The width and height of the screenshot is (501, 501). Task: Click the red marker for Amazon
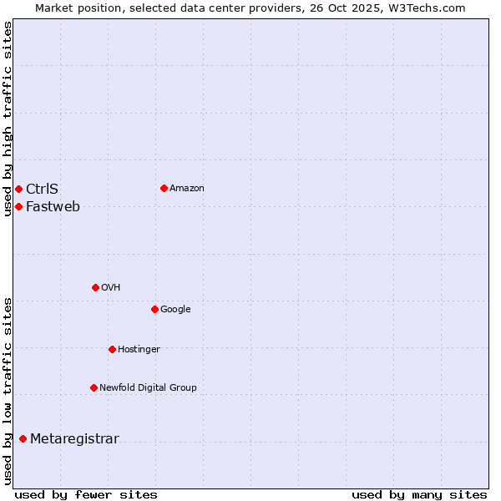pos(164,188)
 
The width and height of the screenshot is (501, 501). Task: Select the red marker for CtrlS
pos(18,189)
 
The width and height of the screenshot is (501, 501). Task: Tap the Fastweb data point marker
pos(18,206)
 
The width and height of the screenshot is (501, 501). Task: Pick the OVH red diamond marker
pos(95,287)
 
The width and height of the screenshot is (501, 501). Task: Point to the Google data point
pos(154,309)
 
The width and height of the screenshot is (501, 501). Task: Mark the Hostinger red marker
pos(112,349)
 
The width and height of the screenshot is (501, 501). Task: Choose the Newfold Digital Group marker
pos(94,387)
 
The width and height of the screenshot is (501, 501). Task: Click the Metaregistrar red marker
pos(23,439)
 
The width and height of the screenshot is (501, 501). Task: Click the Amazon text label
pos(187,189)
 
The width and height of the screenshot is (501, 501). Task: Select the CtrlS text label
pos(42,189)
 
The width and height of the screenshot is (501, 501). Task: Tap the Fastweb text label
pos(53,207)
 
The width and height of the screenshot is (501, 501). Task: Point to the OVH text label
pos(111,288)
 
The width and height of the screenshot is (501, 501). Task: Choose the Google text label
pos(175,310)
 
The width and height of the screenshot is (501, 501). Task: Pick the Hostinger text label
pos(139,349)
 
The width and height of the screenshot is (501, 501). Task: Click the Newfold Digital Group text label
pos(148,387)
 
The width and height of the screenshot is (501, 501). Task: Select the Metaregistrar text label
pos(74,439)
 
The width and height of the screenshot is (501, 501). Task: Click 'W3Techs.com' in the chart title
pos(431,8)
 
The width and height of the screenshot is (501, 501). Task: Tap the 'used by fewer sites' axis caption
pos(86,494)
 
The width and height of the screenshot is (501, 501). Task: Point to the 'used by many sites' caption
pos(419,494)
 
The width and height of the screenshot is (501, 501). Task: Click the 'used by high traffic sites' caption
pos(8,119)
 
